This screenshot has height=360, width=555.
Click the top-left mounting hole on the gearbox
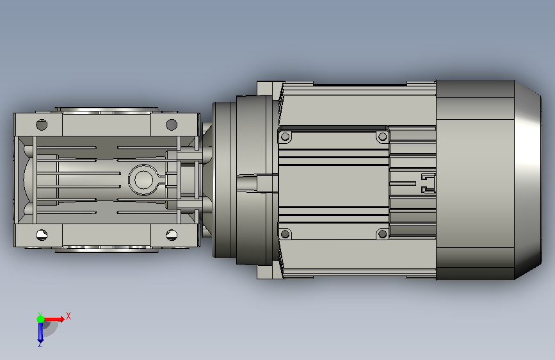[x=42, y=125]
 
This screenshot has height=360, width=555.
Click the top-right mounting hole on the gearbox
[x=172, y=124]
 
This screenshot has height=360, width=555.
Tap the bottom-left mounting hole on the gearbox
[x=42, y=234]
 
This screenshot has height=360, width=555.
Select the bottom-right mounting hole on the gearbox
[x=172, y=234]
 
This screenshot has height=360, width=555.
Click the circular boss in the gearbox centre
[x=143, y=179]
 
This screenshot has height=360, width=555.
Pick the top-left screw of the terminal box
[x=286, y=137]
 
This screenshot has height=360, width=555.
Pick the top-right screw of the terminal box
[x=382, y=136]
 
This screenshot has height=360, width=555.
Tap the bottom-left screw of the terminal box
[x=286, y=234]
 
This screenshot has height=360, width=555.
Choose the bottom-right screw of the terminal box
[x=382, y=234]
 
